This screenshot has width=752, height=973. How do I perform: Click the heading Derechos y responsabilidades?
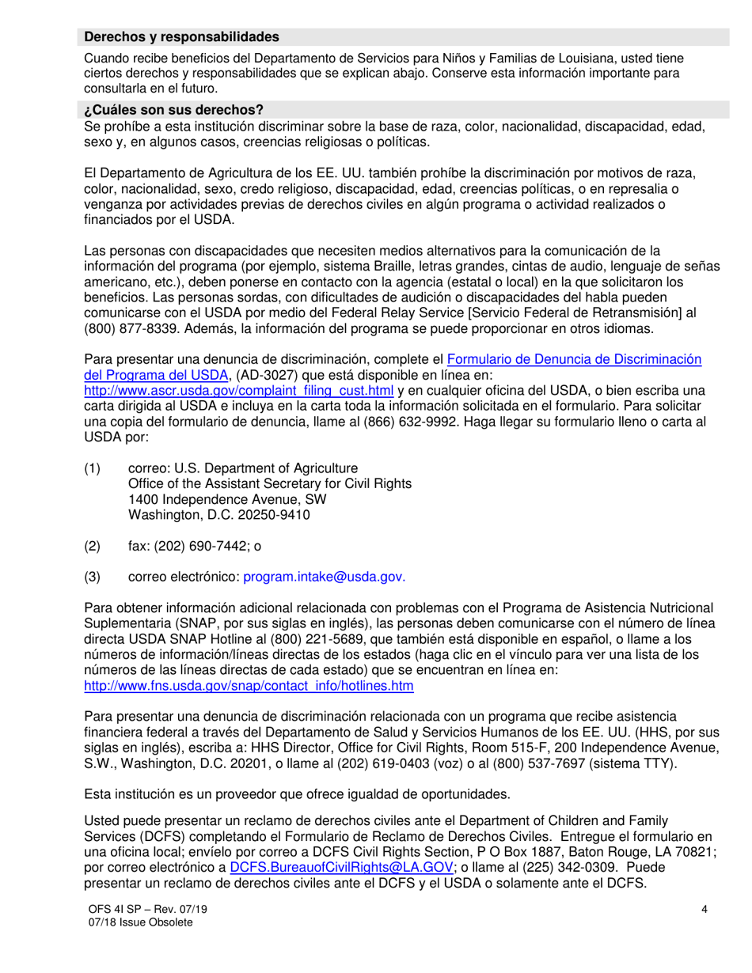point(182,36)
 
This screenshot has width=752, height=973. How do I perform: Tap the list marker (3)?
point(93,577)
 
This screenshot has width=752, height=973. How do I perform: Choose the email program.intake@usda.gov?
point(325,577)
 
